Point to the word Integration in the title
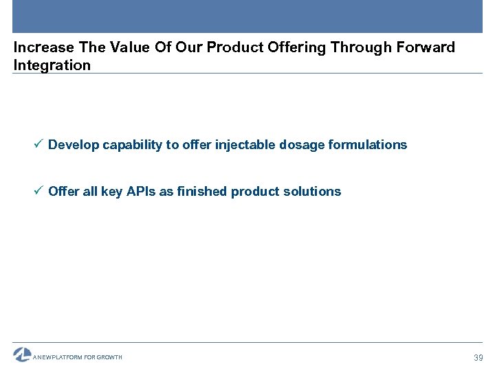tap(52, 66)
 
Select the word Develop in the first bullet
tap(74, 145)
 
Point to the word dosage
tap(300, 145)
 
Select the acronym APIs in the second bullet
tap(141, 192)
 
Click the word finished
tap(201, 192)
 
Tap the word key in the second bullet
tap(111, 192)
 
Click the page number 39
tap(478, 358)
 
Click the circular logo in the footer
tap(22, 355)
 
